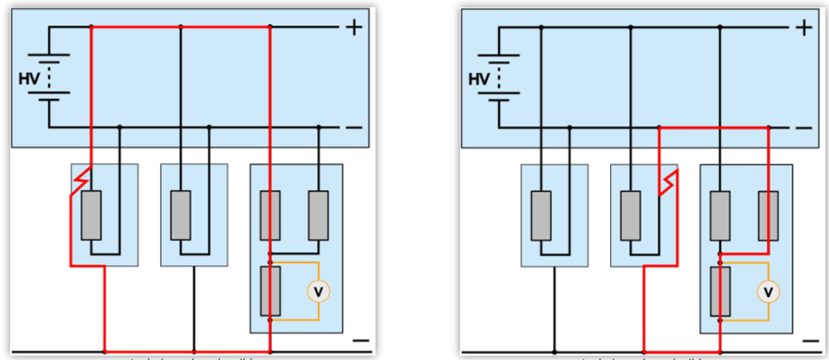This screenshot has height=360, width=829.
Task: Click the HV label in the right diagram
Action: coord(479,80)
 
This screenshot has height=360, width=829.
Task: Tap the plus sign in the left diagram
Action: coord(355,27)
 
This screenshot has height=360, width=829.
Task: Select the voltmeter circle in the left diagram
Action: coord(318,290)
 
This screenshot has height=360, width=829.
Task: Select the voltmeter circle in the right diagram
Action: coord(768,291)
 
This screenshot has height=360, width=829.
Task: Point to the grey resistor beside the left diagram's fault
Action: coord(91,215)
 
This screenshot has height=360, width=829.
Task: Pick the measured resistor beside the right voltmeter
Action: coord(720,291)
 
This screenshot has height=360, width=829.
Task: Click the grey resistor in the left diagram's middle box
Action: coord(181,215)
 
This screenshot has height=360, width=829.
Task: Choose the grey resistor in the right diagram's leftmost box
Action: coord(541,215)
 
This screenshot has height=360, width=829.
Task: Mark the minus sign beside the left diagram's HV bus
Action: coord(355,128)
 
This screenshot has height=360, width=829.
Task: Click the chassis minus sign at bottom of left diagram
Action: coord(361,341)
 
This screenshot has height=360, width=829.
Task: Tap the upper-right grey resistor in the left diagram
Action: coord(318,215)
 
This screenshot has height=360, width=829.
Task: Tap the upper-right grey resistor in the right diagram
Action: coord(768,215)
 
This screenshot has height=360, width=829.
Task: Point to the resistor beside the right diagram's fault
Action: coord(631,215)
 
